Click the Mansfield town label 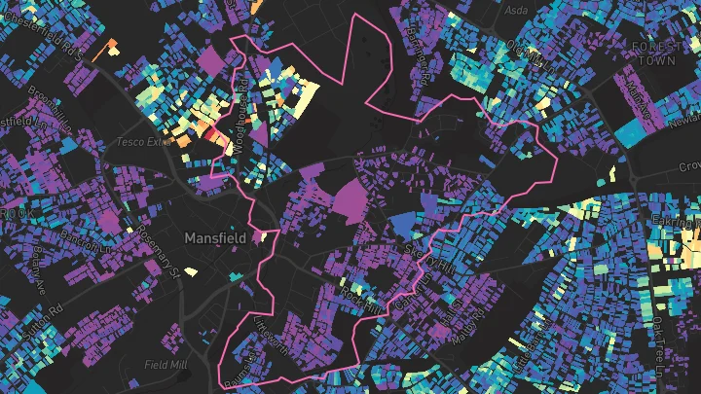tap(215, 236)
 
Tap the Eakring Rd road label tap(679, 223)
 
